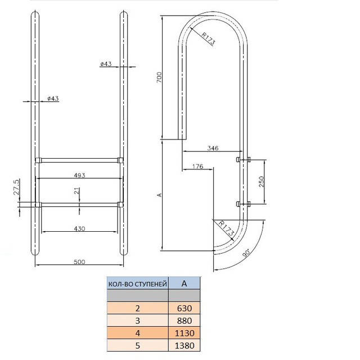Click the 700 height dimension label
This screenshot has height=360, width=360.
(x=159, y=78)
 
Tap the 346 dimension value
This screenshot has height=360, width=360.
(x=213, y=148)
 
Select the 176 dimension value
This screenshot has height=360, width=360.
(x=197, y=166)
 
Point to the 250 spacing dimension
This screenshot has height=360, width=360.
(x=262, y=182)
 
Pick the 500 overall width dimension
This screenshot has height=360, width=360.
(x=79, y=262)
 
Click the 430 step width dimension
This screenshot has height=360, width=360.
(x=79, y=228)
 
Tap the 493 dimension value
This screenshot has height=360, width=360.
(x=79, y=175)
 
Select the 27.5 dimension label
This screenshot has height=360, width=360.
(x=16, y=187)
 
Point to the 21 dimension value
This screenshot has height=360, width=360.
(x=77, y=191)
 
